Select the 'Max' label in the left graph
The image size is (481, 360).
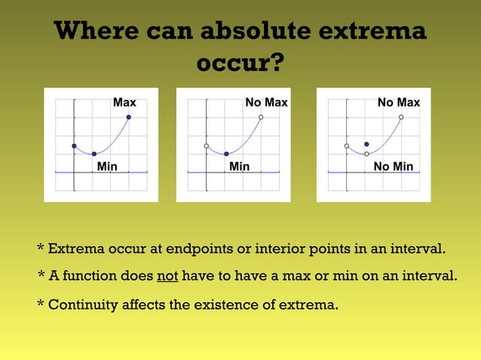124,102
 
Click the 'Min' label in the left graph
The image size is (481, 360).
107,166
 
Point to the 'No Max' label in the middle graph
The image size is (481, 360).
266,102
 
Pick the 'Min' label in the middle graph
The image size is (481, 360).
239,166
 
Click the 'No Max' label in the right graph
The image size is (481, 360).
399,102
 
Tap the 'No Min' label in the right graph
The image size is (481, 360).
394,166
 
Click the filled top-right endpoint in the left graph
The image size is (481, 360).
129,117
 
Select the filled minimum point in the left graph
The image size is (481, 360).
94,154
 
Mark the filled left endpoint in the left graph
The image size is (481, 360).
74,145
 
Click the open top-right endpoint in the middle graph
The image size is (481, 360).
261,117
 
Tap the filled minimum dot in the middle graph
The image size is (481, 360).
226,154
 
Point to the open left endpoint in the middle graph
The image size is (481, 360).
206,145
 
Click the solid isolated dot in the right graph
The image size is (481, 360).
366,144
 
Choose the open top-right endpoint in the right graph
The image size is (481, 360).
401,117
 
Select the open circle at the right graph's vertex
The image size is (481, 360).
366,154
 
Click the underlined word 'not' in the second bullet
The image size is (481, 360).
167,276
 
